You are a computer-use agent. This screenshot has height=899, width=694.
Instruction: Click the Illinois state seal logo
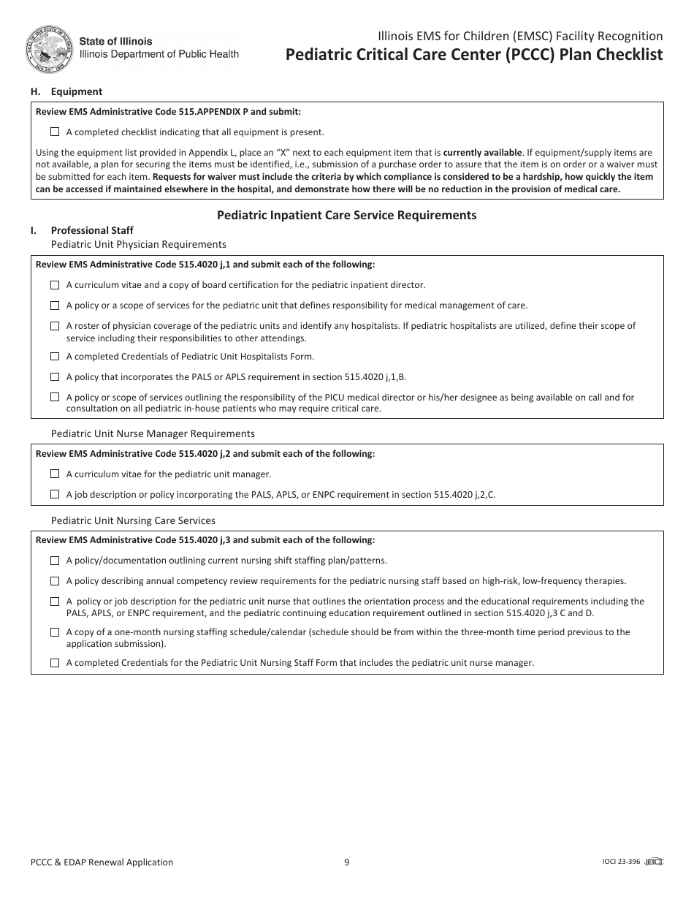click(x=50, y=49)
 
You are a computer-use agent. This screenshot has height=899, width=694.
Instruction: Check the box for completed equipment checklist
click(x=55, y=132)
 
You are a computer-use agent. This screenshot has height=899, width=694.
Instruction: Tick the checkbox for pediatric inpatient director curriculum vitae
click(x=55, y=285)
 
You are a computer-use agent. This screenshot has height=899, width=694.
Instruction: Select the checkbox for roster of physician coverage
click(x=55, y=326)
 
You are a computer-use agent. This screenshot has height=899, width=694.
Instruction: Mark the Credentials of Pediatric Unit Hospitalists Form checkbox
click(x=55, y=357)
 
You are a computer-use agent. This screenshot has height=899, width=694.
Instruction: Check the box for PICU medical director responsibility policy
click(x=55, y=398)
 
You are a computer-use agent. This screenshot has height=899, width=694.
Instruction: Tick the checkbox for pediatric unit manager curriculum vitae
click(x=55, y=474)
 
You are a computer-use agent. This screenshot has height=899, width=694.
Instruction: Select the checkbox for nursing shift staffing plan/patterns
click(x=55, y=561)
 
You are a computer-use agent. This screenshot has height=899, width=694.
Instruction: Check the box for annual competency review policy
click(x=55, y=581)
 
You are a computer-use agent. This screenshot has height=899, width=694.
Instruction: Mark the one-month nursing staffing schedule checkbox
click(x=55, y=632)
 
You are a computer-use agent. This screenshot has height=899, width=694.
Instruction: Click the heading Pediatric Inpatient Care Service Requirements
click(x=346, y=215)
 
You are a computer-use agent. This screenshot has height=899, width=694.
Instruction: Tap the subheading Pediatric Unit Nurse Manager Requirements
click(x=153, y=433)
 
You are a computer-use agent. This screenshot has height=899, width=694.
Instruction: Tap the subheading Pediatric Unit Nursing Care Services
click(x=133, y=520)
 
